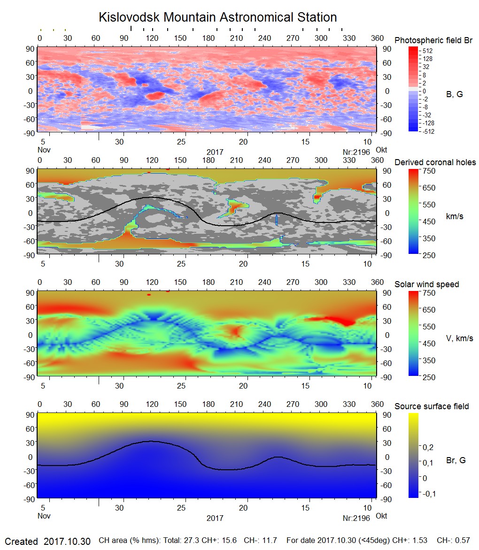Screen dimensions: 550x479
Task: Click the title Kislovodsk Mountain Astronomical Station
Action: click(217, 18)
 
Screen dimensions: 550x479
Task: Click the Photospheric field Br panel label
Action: click(433, 40)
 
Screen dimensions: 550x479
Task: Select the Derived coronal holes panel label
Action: click(435, 162)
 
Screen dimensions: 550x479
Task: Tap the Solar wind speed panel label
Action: click(427, 284)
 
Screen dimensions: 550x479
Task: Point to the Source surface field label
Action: click(432, 406)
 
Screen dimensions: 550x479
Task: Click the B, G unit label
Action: click(454, 94)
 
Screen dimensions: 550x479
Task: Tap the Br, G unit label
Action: click(456, 460)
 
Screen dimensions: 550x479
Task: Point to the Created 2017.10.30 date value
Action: click(67, 541)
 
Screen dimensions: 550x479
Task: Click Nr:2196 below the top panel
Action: click(356, 152)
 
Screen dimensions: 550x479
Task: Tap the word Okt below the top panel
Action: click(382, 150)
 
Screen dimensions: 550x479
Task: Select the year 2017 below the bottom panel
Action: click(215, 518)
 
